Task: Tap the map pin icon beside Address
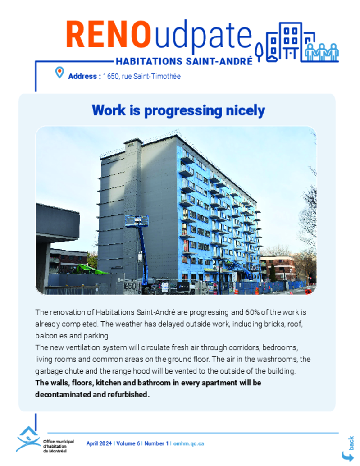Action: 60,72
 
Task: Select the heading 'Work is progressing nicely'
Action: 178,110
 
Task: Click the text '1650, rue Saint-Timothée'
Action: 141,76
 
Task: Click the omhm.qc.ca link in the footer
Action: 189,443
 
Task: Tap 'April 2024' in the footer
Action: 99,443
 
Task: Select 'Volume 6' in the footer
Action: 128,443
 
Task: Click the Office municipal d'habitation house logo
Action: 28,439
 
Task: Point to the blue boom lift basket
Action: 137,221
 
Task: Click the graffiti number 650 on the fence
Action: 130,286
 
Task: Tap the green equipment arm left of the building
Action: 91,269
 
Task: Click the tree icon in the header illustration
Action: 259,51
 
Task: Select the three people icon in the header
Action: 322,52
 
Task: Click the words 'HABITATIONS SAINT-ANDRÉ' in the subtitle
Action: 184,61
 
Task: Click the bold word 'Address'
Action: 82,76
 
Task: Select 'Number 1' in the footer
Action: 156,443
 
